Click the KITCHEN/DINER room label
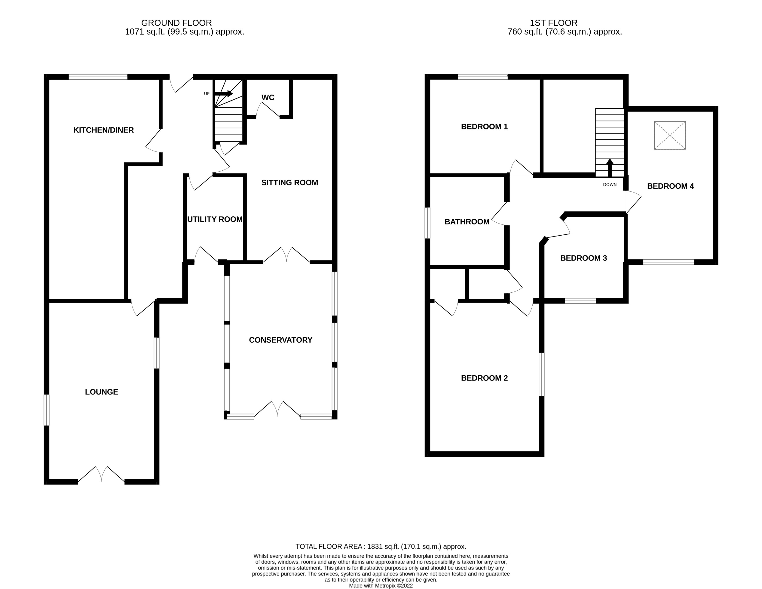pyautogui.click(x=103, y=130)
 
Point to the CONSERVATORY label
pyautogui.click(x=280, y=340)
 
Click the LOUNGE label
pyautogui.click(x=102, y=392)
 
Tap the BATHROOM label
pyautogui.click(x=467, y=222)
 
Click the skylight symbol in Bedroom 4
pyautogui.click(x=670, y=135)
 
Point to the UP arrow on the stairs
pyautogui.click(x=223, y=93)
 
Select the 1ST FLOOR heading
pyautogui.click(x=553, y=23)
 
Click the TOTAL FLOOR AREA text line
pyautogui.click(x=381, y=546)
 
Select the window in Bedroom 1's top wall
pyautogui.click(x=482, y=77)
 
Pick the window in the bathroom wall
pyautogui.click(x=427, y=223)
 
